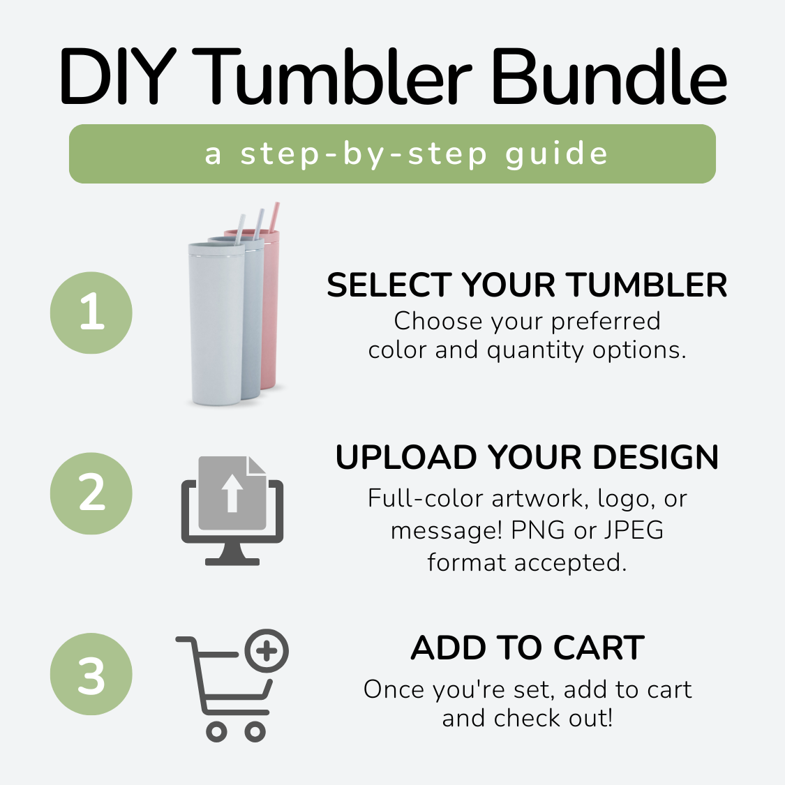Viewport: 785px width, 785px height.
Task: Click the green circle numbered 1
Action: tap(91, 313)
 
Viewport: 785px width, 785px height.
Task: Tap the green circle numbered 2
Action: tap(91, 493)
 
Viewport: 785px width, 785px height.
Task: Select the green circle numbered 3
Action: tap(91, 674)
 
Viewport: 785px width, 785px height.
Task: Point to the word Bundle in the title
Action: tap(609, 76)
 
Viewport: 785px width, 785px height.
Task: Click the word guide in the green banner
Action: tap(557, 154)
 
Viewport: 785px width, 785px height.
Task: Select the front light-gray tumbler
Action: tap(216, 323)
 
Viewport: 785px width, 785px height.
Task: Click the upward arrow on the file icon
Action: tap(232, 493)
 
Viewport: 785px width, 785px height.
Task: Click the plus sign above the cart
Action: tap(267, 651)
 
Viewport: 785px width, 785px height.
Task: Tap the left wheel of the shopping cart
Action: tap(216, 732)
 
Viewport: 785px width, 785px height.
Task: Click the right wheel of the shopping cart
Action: tap(255, 732)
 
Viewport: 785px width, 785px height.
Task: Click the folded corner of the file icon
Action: tap(256, 465)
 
